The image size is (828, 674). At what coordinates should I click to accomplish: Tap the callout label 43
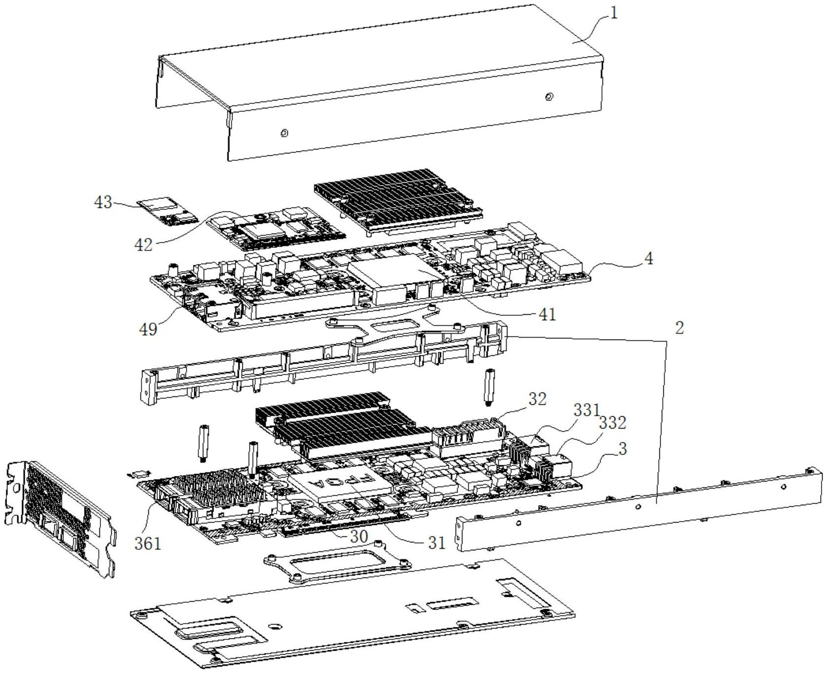click(103, 202)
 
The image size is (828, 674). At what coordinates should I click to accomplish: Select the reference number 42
click(144, 244)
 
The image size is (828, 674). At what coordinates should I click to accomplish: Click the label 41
click(547, 314)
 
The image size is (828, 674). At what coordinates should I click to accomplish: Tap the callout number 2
click(680, 327)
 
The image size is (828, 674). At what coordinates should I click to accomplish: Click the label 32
click(537, 399)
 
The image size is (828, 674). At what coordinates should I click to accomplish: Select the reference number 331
click(587, 410)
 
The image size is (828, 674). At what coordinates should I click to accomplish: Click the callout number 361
click(148, 543)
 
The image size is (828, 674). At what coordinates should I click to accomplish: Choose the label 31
click(437, 543)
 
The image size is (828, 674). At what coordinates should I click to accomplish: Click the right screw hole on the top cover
click(549, 97)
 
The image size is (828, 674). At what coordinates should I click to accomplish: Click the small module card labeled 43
click(167, 211)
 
